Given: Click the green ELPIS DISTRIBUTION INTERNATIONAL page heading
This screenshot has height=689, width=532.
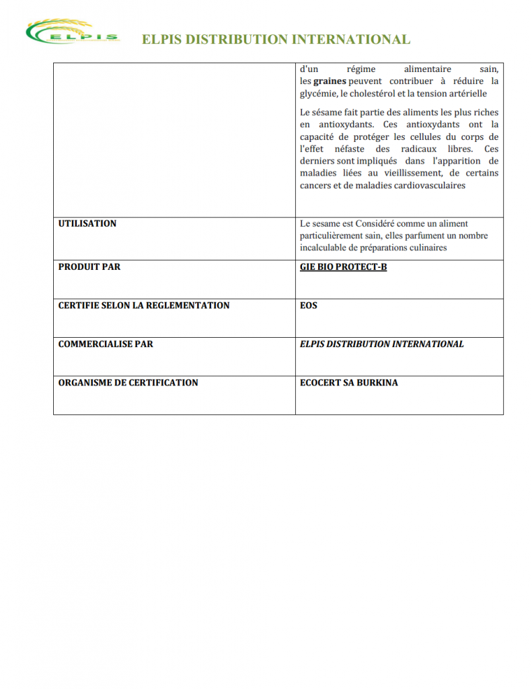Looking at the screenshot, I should [276, 40].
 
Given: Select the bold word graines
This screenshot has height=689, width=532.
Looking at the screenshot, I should [330, 81].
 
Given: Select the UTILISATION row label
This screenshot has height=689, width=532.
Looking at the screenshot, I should [87, 223].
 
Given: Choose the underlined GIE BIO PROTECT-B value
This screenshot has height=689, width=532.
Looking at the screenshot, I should [343, 267].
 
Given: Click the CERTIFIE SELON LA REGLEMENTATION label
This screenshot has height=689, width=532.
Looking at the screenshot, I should [144, 305].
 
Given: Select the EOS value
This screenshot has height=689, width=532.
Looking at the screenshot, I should [309, 305].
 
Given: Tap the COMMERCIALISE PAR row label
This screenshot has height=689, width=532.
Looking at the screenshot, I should [106, 344].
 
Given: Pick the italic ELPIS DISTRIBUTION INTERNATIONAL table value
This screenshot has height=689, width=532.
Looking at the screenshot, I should [381, 344].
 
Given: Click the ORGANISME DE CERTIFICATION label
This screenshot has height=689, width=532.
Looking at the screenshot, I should [128, 382].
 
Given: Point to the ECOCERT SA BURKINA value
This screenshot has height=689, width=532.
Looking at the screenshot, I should [348, 382].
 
